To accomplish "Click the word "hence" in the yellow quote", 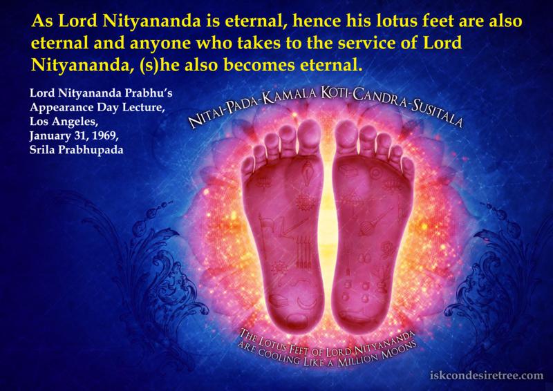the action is point(316,21).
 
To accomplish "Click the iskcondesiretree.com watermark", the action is point(487,374).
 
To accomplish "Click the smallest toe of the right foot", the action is point(407,168).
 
